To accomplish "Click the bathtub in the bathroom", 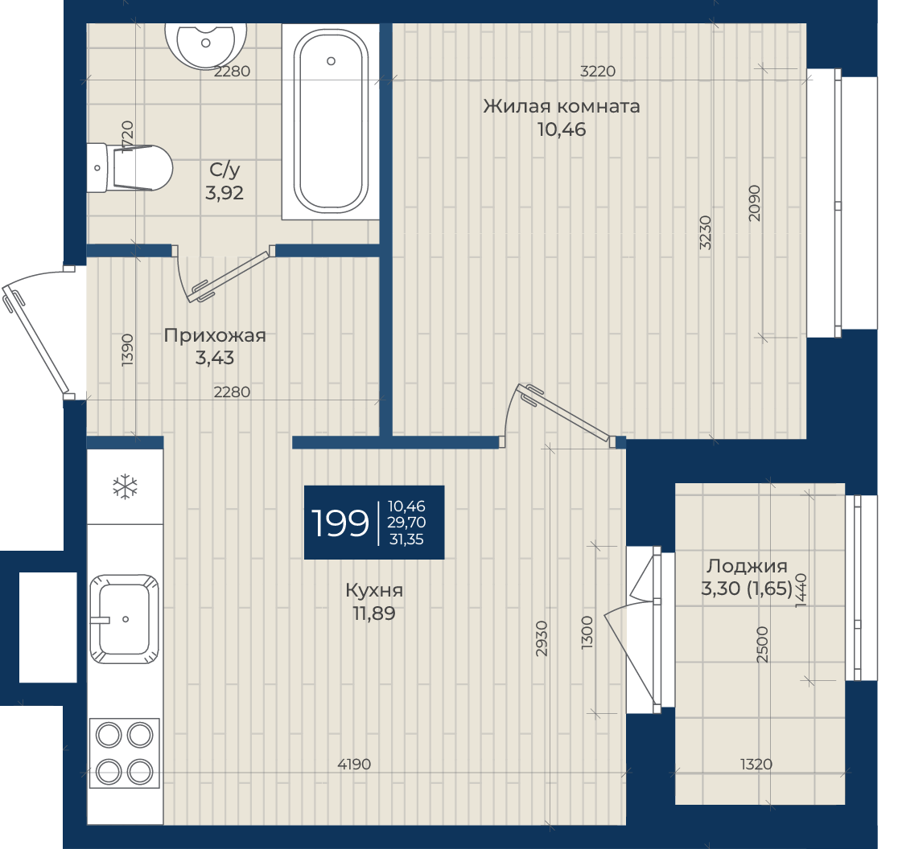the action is (x=331, y=121).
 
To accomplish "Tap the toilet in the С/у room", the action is (x=130, y=167).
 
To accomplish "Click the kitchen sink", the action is (x=124, y=619).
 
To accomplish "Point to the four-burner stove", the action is (x=124, y=753).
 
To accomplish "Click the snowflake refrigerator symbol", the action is (x=125, y=487).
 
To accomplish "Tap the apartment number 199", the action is (x=340, y=523).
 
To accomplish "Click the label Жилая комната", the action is (x=562, y=106).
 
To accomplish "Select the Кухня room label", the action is (x=374, y=590).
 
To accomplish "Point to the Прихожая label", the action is (x=215, y=335).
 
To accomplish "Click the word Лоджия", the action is (x=746, y=566).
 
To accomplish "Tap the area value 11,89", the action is (x=374, y=613).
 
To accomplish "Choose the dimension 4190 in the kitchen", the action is (x=355, y=764).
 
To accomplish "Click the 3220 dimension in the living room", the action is (x=598, y=71).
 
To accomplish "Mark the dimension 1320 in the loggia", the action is (x=756, y=764).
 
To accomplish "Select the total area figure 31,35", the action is (x=406, y=539).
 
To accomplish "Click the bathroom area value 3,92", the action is (x=224, y=193).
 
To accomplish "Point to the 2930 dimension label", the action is (x=542, y=638).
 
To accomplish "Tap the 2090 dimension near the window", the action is (x=754, y=203).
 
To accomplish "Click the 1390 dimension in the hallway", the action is (x=127, y=350).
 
